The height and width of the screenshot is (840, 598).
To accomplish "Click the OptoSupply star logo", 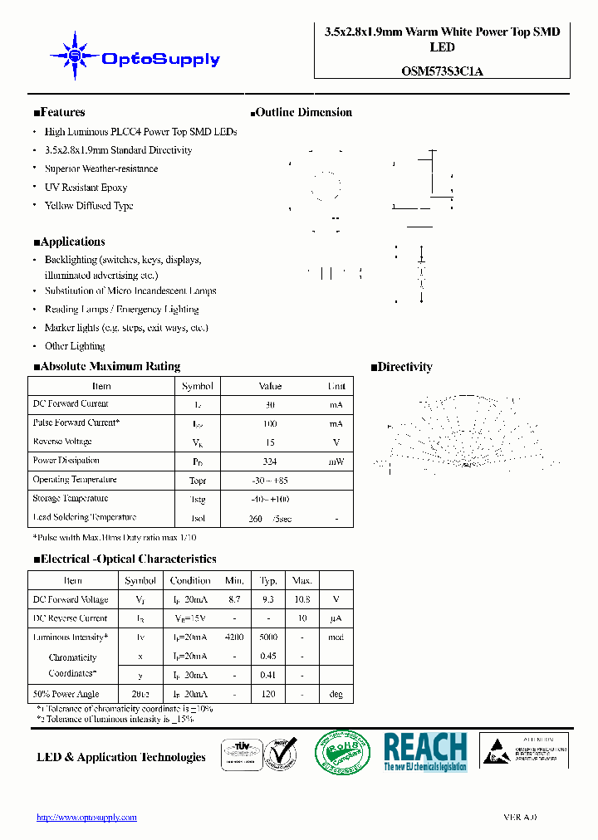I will [x=75, y=56].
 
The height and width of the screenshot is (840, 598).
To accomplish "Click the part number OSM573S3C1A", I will [x=442, y=71].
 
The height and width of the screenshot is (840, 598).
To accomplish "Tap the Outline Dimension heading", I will [x=301, y=112].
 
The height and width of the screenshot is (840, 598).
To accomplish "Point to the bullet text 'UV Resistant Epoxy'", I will [x=86, y=188].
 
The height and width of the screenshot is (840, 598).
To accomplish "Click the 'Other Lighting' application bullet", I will [x=75, y=346].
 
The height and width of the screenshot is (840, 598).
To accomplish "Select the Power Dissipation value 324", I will [x=270, y=462].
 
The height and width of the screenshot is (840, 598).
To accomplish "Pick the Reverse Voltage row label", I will [x=62, y=442].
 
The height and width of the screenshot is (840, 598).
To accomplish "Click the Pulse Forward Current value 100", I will [x=270, y=423].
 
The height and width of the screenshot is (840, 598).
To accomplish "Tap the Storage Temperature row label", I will [x=71, y=498].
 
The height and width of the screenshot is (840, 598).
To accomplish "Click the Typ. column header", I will [x=268, y=580].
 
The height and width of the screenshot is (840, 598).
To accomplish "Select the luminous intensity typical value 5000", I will [x=268, y=637].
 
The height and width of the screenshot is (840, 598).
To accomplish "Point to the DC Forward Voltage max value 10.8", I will [x=302, y=599].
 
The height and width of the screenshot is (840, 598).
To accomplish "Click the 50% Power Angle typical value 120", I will [x=268, y=694].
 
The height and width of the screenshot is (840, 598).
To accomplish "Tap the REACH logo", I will [x=425, y=751].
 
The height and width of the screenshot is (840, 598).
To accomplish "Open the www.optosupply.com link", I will [x=86, y=818].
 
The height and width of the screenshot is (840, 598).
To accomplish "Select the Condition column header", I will [x=190, y=580].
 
